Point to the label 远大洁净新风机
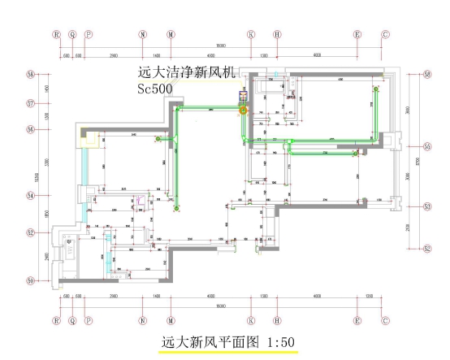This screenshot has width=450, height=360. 187,72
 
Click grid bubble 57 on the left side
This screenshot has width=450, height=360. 31,103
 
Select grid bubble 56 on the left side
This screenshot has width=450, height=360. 31,129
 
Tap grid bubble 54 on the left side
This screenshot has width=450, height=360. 31,195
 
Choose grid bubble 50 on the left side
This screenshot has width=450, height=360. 31,281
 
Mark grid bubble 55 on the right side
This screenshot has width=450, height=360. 426,146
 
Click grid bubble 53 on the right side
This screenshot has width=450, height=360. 426,206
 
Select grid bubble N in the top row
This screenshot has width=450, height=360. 143,35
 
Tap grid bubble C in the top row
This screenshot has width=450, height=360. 385,35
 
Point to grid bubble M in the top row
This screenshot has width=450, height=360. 171,35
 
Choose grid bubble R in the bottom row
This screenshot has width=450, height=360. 57,321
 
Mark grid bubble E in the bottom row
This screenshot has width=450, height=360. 357,321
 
